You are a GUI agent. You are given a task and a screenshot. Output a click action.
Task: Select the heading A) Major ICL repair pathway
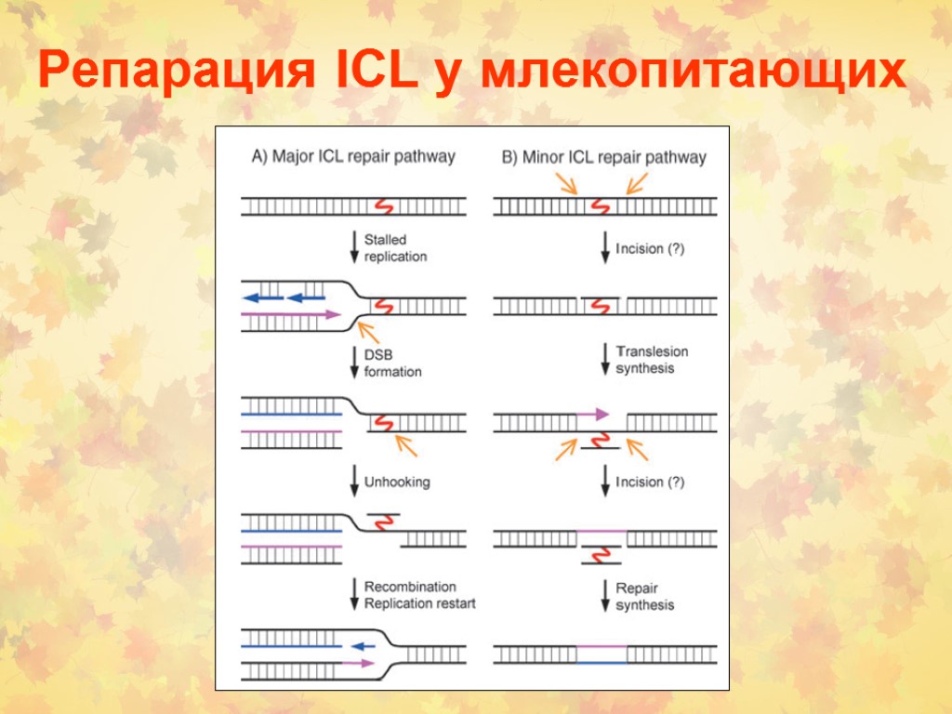coord(354,156)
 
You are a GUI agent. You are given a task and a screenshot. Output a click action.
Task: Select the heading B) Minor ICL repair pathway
coord(604,157)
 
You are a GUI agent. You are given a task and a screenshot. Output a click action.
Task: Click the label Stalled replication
coord(395,248)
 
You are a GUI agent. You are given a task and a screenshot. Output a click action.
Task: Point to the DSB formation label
coord(392,364)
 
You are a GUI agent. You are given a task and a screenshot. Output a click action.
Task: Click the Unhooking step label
coord(397,483)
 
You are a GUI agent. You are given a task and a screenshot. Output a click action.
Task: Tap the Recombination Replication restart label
coord(419,595)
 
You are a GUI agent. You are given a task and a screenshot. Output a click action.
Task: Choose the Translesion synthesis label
coord(652,360)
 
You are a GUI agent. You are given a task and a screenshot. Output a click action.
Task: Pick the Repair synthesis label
coord(644,597)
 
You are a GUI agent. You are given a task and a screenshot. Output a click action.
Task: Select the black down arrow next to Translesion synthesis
coord(605,359)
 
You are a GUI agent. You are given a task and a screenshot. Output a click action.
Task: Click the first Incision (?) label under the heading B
coord(650,249)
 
